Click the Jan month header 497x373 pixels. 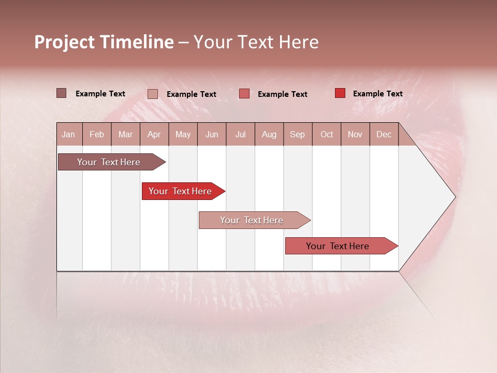[x=68, y=135]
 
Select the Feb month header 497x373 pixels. [x=97, y=135]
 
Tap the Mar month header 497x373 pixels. [x=125, y=135]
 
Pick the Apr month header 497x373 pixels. [x=154, y=135]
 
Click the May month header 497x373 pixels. [x=183, y=135]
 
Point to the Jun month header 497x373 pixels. [x=212, y=135]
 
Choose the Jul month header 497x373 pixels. [x=240, y=135]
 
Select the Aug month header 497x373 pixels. [x=269, y=135]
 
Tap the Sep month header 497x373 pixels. [x=297, y=135]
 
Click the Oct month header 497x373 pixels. [x=327, y=135]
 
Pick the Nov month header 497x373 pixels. [x=355, y=135]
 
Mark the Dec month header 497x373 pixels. [x=384, y=135]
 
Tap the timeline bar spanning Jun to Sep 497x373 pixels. [x=252, y=220]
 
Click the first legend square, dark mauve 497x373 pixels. [x=62, y=93]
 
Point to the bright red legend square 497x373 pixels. [x=340, y=93]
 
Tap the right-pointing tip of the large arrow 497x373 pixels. [x=454, y=197]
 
